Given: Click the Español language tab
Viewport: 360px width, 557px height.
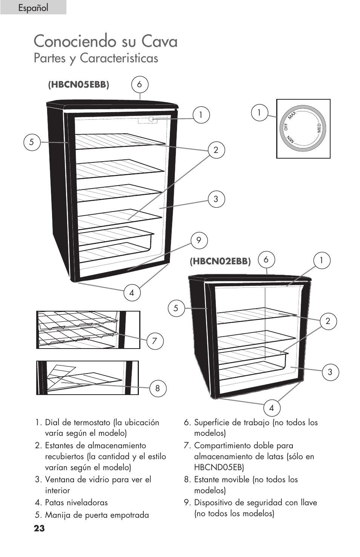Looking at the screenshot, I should click(33, 8).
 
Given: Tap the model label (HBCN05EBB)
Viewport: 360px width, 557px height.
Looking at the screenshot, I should click(78, 85).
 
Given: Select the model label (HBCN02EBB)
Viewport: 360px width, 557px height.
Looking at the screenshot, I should click(220, 261).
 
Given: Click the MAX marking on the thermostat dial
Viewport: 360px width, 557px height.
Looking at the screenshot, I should click(292, 115).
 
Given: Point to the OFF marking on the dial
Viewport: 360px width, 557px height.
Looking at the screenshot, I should click(286, 127).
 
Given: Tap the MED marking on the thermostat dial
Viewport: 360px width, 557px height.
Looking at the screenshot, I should click(319, 128).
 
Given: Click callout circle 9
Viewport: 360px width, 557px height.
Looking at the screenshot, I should click(199, 240).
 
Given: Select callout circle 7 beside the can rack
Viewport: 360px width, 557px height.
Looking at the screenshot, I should click(154, 341).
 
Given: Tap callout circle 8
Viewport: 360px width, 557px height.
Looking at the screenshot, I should click(157, 388).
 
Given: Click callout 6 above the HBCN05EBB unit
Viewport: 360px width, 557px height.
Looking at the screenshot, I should click(140, 84).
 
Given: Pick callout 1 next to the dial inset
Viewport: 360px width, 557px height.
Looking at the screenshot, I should click(259, 113).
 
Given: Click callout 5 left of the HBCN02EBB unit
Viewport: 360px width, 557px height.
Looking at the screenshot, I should click(176, 308).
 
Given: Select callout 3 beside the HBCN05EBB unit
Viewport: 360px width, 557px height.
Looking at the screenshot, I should click(216, 199).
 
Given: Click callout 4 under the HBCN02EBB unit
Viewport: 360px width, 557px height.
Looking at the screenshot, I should click(271, 408).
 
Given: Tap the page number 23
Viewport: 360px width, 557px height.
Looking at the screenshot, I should click(39, 528).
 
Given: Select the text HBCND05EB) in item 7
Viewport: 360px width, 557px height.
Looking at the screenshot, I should click(219, 467).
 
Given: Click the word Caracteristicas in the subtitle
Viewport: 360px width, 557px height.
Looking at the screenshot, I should click(119, 58).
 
